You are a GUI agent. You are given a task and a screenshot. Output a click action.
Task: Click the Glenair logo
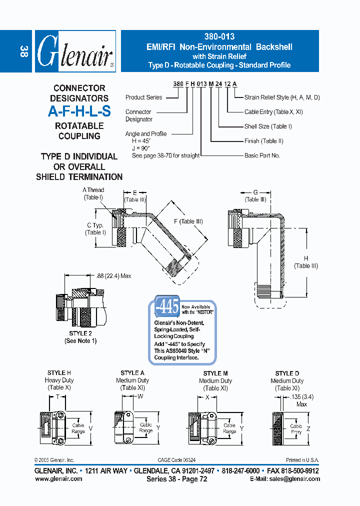(x=75, y=52)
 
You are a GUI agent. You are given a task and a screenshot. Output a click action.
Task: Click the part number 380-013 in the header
(x=219, y=36)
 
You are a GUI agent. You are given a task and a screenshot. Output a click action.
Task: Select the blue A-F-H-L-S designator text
(x=79, y=112)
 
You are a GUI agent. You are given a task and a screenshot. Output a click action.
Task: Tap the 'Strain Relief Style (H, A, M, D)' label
(x=282, y=97)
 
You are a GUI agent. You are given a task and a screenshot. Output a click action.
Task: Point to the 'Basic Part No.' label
(x=262, y=155)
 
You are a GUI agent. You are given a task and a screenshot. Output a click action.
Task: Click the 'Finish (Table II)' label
(x=263, y=141)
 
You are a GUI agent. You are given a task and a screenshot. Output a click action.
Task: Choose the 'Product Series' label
(x=143, y=97)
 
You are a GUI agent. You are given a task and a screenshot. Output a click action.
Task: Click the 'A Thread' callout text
(x=93, y=190)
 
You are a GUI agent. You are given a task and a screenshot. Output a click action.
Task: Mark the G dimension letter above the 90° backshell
(x=255, y=192)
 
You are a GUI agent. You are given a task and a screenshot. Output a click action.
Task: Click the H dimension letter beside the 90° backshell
(x=306, y=258)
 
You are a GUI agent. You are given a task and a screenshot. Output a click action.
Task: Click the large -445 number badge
(x=166, y=307)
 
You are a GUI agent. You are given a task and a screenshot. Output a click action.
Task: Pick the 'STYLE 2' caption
(x=80, y=333)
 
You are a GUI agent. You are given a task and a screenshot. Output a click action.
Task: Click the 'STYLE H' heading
(x=59, y=373)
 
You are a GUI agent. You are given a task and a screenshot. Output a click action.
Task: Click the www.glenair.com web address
(x=58, y=478)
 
